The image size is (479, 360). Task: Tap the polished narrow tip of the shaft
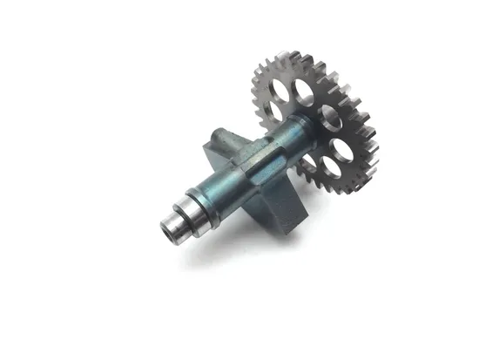coord(172,228)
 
